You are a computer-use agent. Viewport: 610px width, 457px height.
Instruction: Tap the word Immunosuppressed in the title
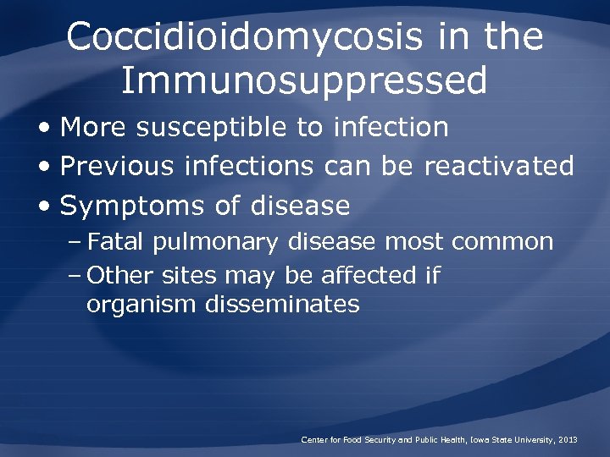[304, 82]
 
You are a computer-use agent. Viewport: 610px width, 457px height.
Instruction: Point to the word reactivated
[499, 166]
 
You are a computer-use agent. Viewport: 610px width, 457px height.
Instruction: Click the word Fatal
[116, 243]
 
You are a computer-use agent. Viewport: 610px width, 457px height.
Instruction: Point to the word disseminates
[282, 304]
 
